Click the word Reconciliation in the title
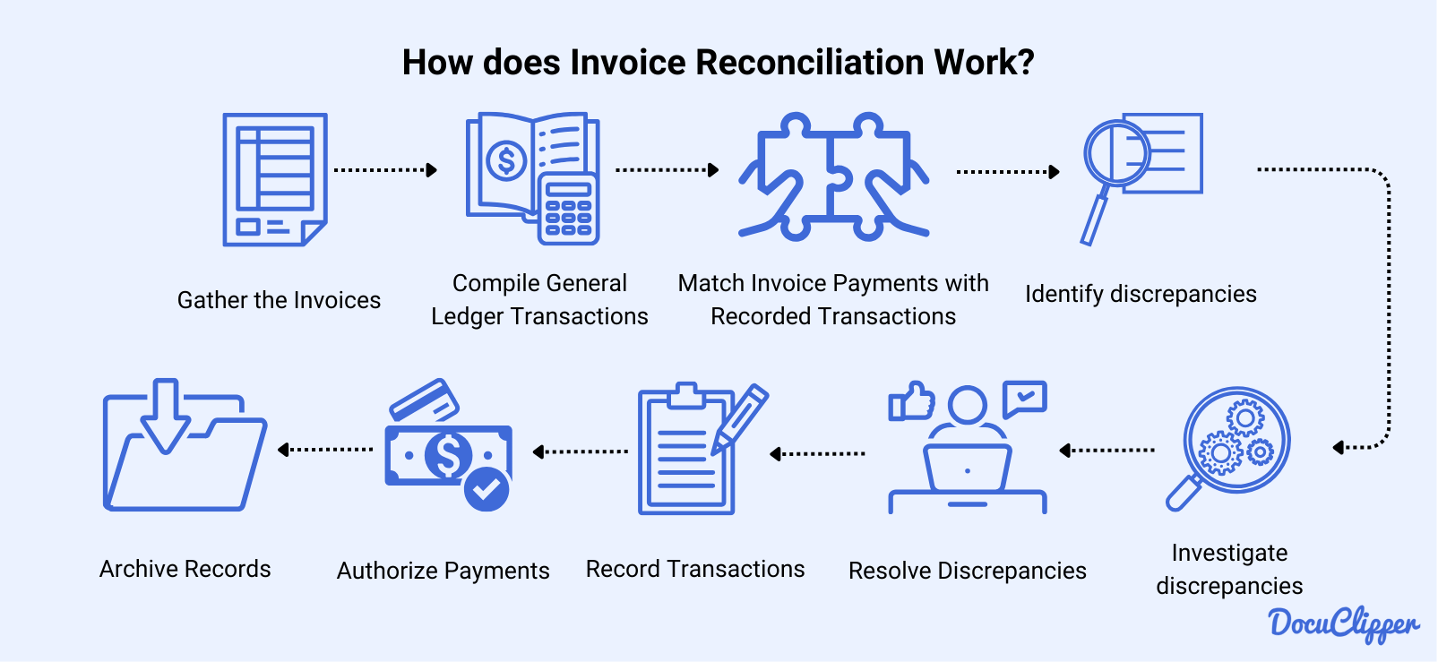809,63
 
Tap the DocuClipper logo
1343,623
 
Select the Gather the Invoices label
279,300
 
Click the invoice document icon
274,179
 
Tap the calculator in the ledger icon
568,209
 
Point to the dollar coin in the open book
506,161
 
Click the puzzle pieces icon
833,176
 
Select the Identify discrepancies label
1141,294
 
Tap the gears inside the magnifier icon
1236,439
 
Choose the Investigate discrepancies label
1229,569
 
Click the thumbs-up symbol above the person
911,401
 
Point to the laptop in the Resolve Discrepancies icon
967,468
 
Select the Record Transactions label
695,569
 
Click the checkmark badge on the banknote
487,488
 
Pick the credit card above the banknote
424,399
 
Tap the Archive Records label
185,569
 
